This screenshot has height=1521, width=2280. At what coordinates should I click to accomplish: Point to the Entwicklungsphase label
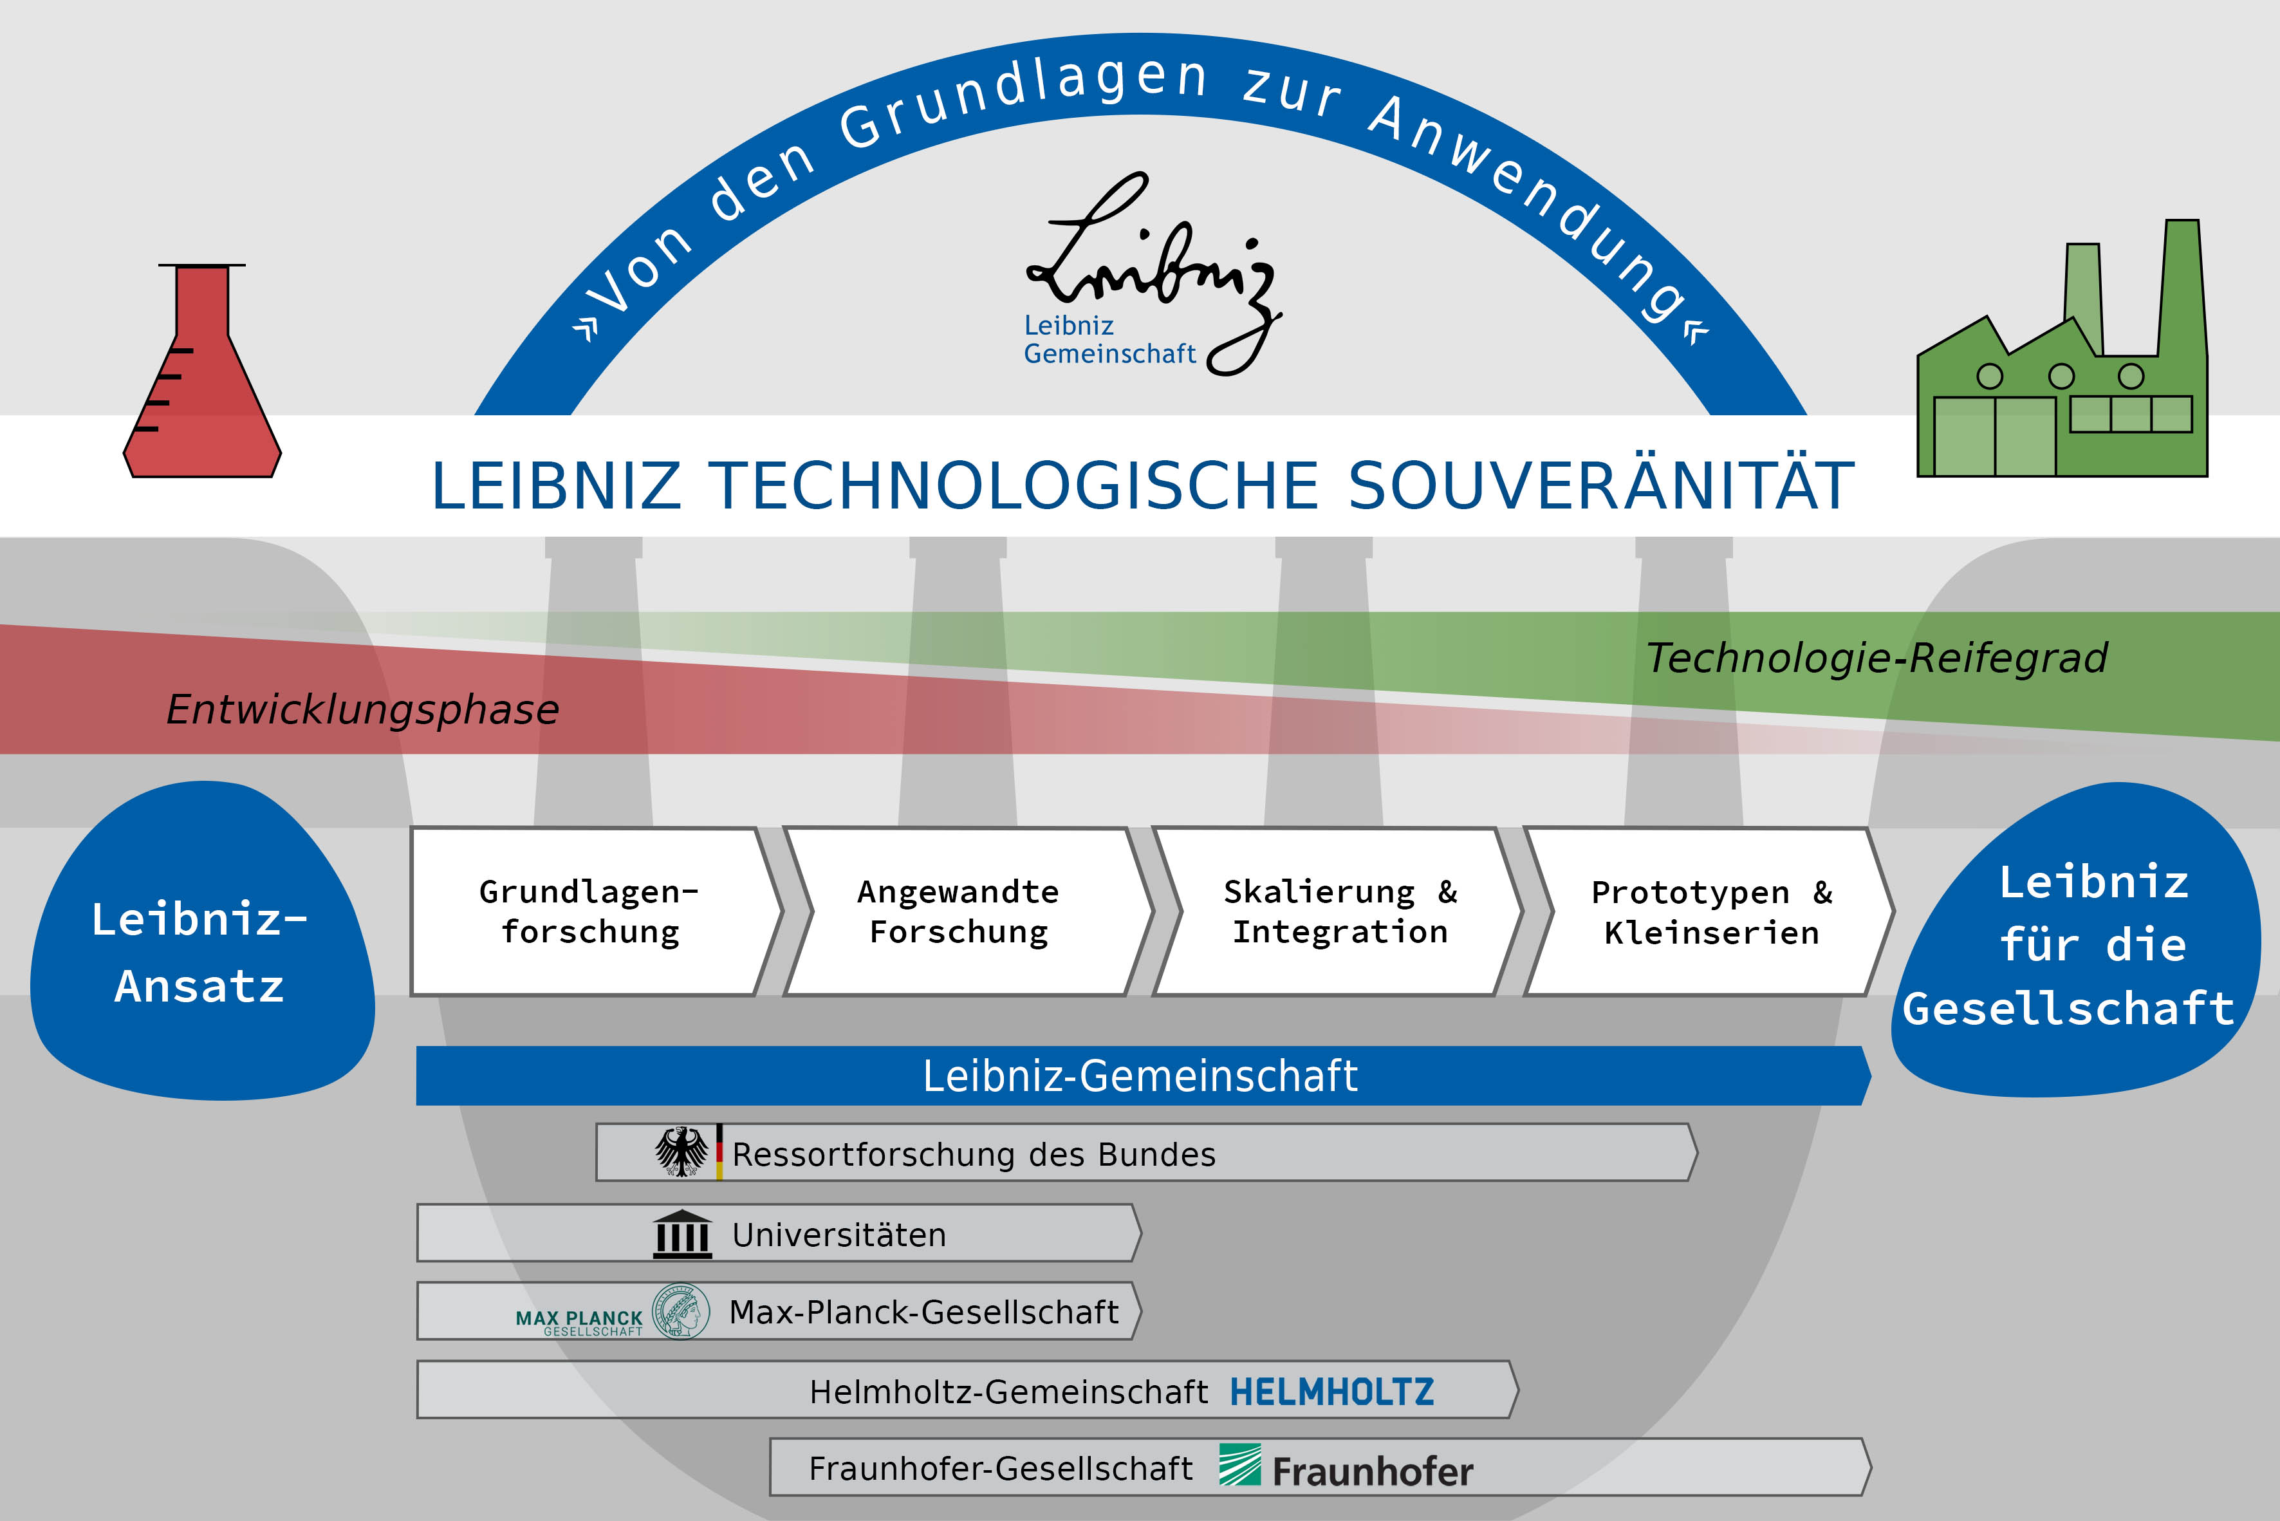tap(363, 710)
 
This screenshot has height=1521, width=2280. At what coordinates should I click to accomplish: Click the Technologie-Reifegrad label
tap(1877, 658)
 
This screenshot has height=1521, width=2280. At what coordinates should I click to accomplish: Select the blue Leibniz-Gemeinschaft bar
tap(1142, 1076)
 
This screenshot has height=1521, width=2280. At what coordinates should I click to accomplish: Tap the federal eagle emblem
tap(681, 1152)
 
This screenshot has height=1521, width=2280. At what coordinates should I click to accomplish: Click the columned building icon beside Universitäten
tap(683, 1235)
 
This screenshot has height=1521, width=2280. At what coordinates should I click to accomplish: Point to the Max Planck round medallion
tap(681, 1311)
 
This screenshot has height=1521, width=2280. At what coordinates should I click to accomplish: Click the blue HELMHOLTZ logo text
tap(1331, 1392)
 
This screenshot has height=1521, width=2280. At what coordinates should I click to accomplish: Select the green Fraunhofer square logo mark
tap(1240, 1466)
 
